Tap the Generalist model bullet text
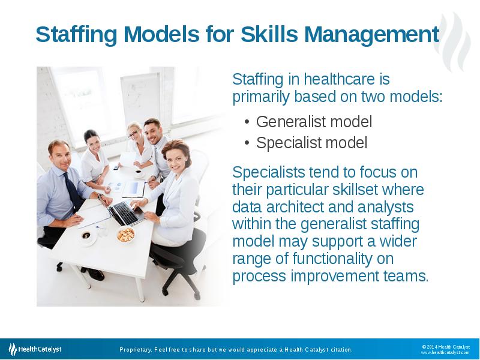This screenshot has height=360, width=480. (x=314, y=122)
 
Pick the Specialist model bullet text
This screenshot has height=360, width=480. (x=311, y=143)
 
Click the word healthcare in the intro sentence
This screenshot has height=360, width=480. (x=340, y=79)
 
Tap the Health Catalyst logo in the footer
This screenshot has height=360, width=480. (x=35, y=349)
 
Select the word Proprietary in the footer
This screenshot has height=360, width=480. (x=136, y=350)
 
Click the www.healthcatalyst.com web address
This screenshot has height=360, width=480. (x=445, y=353)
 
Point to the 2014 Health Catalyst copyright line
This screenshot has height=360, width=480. (x=446, y=347)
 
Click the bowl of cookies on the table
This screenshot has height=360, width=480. (x=126, y=235)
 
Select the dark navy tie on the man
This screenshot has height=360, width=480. (x=73, y=191)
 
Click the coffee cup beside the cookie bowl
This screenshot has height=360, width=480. (x=86, y=236)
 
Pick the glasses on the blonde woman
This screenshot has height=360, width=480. (x=134, y=133)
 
